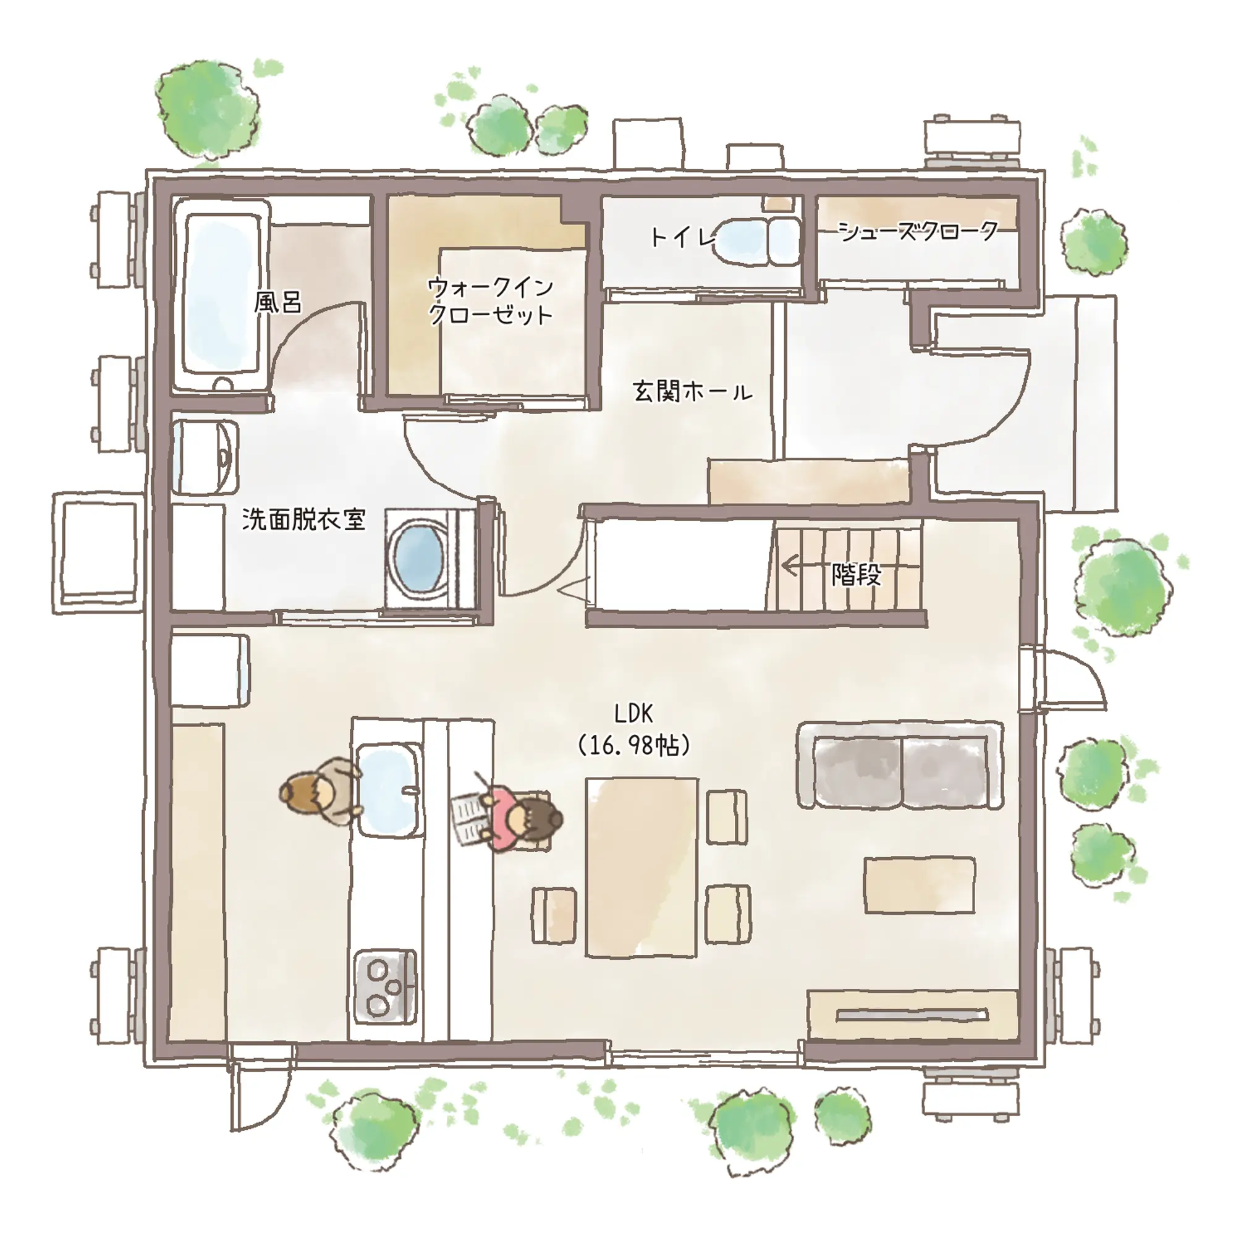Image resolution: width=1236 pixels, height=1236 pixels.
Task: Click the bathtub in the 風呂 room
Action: click(222, 297)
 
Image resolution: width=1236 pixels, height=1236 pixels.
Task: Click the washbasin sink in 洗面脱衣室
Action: click(205, 457)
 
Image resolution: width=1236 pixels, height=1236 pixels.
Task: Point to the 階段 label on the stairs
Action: click(857, 575)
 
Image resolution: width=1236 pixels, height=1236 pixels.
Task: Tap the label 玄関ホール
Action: click(693, 391)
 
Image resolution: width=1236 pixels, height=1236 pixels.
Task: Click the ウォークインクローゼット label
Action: click(490, 301)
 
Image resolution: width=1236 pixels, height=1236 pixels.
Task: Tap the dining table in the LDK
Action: click(642, 868)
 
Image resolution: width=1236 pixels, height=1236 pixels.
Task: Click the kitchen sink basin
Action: click(389, 791)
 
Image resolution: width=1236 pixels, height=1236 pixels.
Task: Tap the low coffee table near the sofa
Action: click(920, 885)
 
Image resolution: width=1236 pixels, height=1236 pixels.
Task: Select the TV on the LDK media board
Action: click(912, 1014)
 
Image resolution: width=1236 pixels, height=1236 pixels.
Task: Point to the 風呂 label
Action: click(277, 302)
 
